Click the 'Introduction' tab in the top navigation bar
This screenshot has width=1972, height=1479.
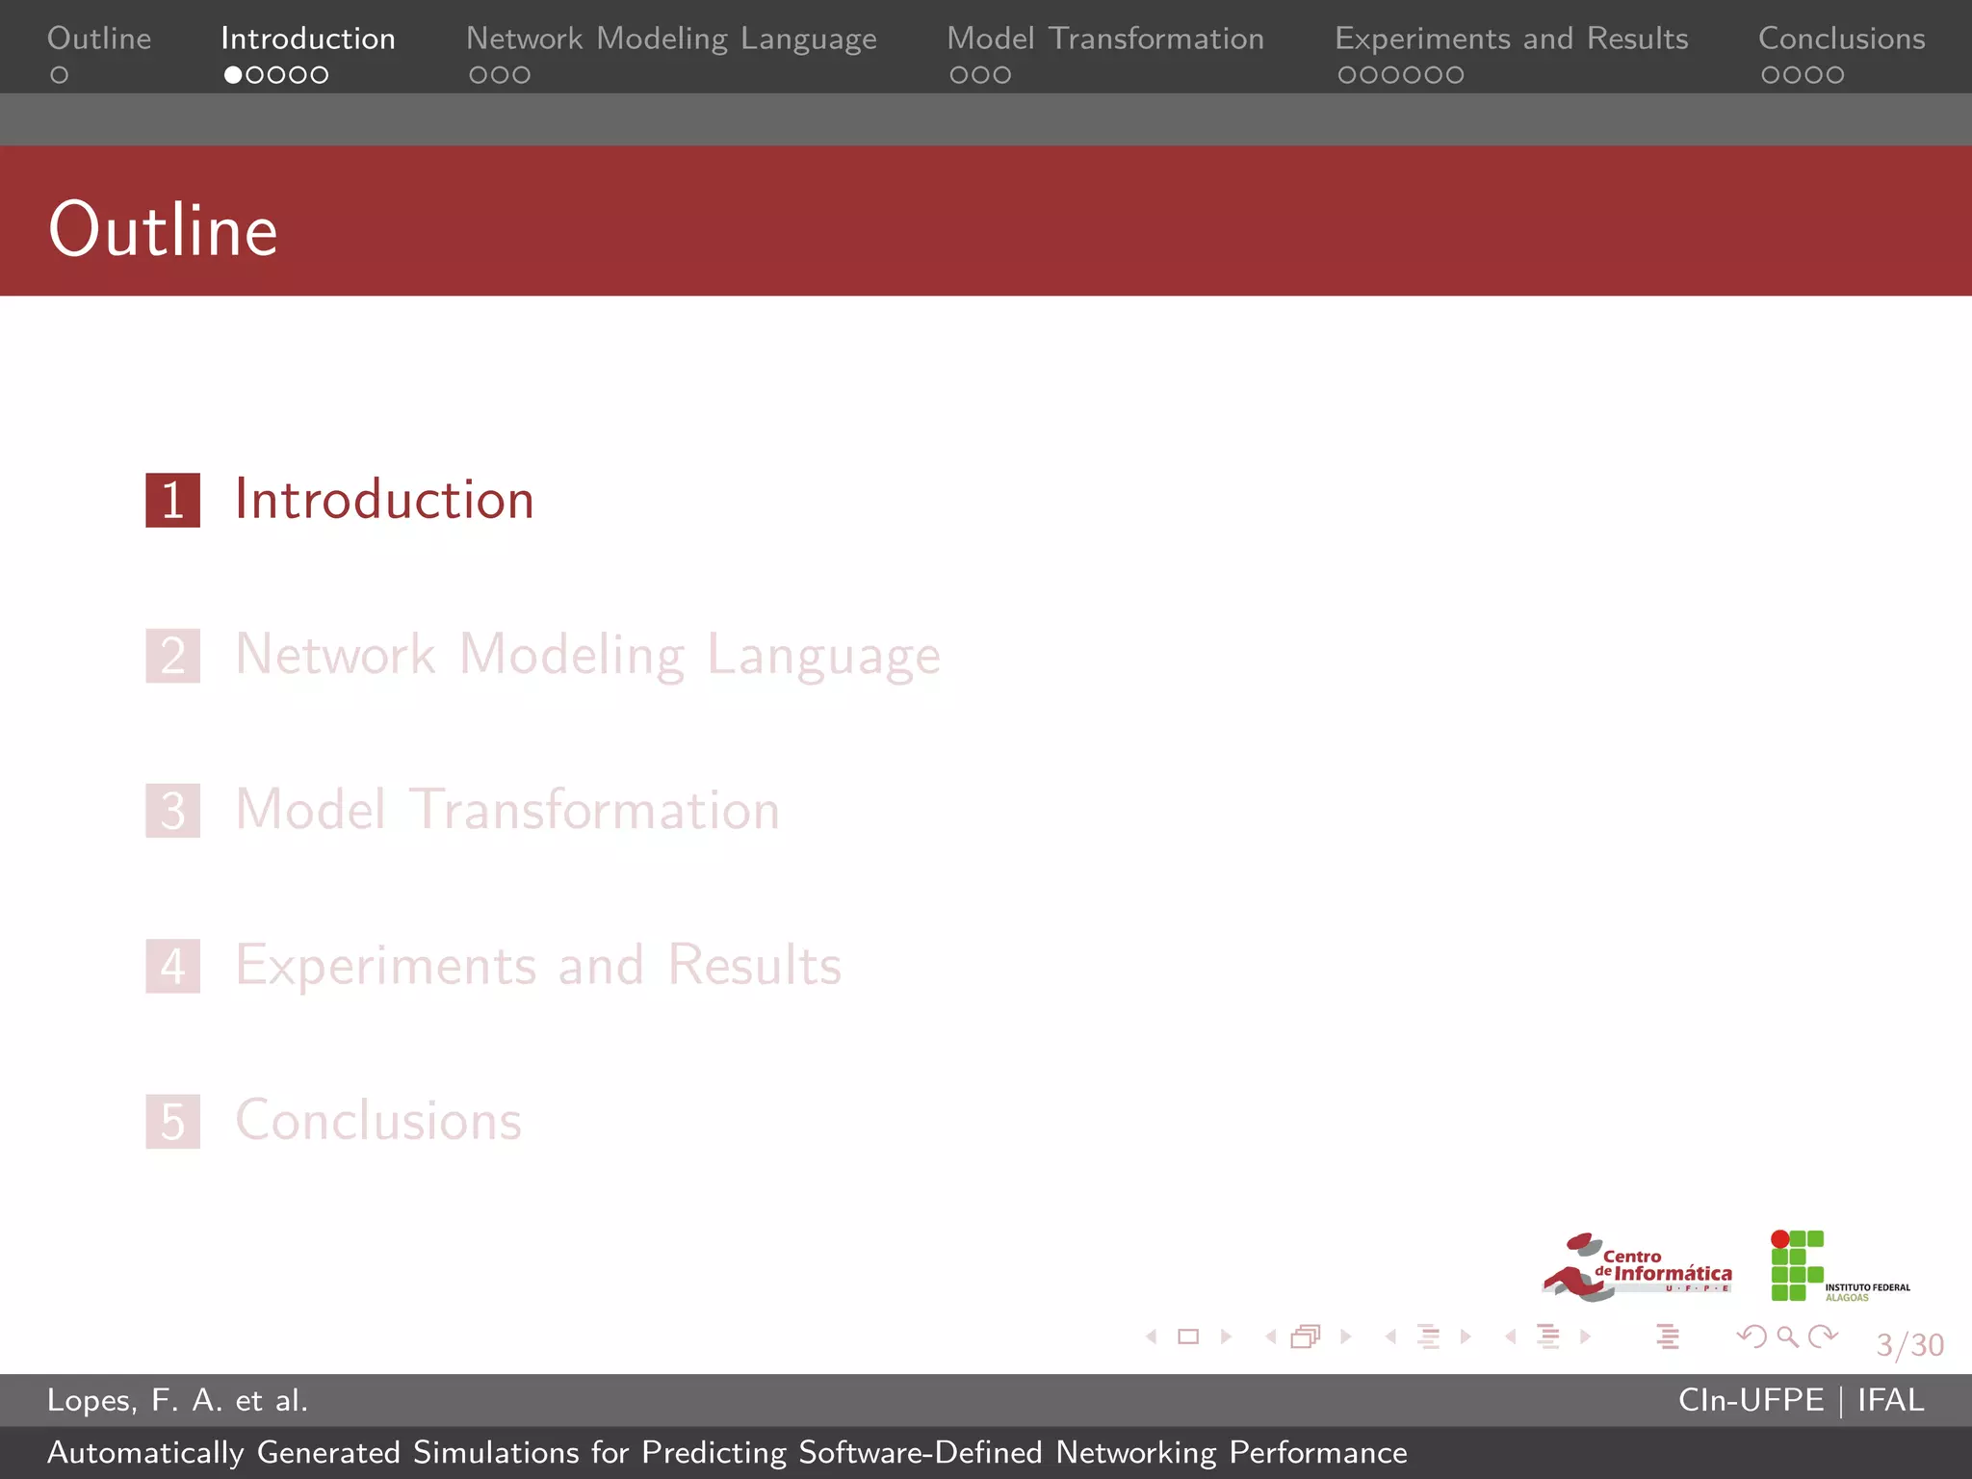click(x=307, y=39)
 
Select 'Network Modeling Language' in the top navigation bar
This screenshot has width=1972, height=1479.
click(x=671, y=39)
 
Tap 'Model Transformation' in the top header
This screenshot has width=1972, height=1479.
click(x=1104, y=39)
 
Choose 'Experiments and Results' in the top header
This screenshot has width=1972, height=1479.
click(x=1511, y=39)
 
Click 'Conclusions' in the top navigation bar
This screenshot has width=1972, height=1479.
click(x=1841, y=39)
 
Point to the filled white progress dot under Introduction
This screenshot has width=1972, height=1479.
click(x=233, y=75)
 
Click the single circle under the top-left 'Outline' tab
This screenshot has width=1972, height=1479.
click(x=60, y=75)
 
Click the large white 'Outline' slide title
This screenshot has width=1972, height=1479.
click(x=163, y=230)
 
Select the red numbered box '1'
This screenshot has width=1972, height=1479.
click(x=173, y=501)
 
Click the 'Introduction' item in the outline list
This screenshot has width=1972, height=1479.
click(x=384, y=500)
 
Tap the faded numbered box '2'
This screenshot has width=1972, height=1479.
click(x=173, y=656)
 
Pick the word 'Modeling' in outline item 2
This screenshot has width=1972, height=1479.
click(x=572, y=656)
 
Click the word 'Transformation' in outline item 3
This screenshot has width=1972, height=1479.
click(x=594, y=810)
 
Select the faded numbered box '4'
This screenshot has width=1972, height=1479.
click(x=173, y=966)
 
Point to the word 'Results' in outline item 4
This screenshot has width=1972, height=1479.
click(x=754, y=965)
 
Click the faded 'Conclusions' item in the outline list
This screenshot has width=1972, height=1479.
click(x=378, y=1121)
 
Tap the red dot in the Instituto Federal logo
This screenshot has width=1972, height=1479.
click(x=1780, y=1239)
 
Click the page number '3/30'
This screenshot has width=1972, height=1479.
click(x=1909, y=1344)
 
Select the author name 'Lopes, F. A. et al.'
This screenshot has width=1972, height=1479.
click(x=177, y=1400)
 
